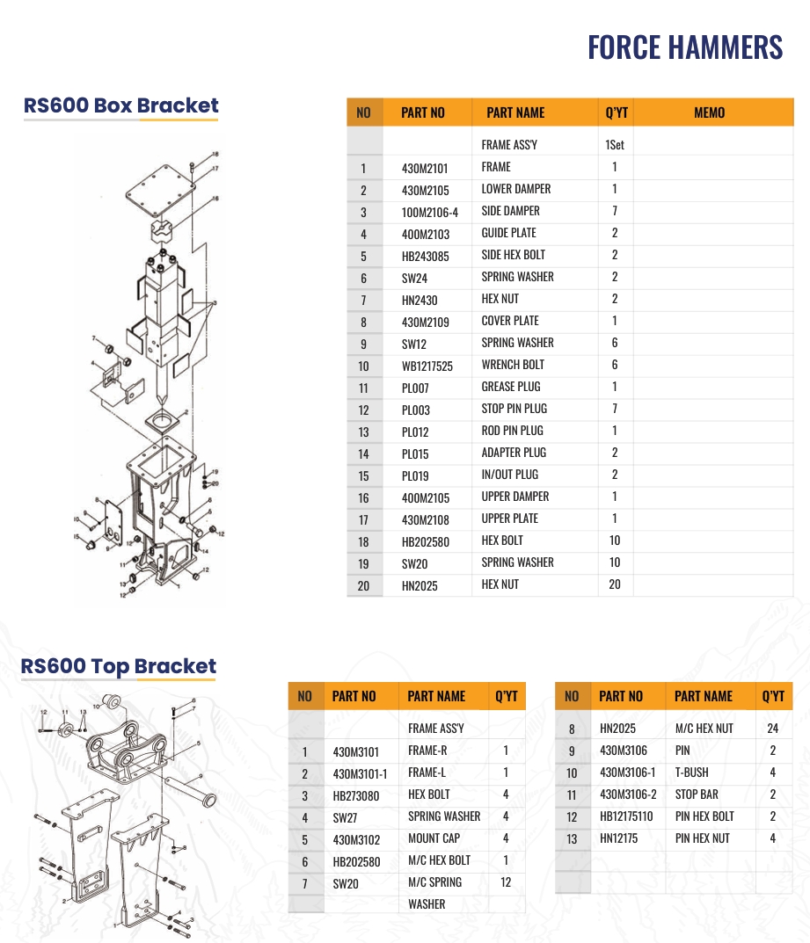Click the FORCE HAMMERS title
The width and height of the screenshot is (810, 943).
click(x=684, y=47)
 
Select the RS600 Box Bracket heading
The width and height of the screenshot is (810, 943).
click(x=121, y=106)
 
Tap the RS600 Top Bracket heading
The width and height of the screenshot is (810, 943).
click(x=119, y=666)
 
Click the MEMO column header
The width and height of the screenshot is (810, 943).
click(x=709, y=112)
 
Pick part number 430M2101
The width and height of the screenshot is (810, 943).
click(x=425, y=168)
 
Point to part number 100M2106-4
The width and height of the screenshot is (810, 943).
click(x=429, y=212)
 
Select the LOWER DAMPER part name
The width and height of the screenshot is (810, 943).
click(x=515, y=189)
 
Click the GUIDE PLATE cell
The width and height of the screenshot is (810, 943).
click(x=508, y=233)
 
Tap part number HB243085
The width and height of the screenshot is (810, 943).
click(x=425, y=256)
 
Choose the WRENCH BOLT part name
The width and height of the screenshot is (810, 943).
click(x=513, y=365)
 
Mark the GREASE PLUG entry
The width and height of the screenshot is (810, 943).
click(x=511, y=387)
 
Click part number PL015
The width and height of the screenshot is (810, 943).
click(x=415, y=453)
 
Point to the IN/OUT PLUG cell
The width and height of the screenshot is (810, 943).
click(x=509, y=475)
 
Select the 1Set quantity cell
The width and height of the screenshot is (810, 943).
click(x=615, y=145)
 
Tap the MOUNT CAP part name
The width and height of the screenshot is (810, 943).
click(x=434, y=838)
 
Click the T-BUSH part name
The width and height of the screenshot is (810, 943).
click(x=691, y=773)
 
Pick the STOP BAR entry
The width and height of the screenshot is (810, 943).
click(x=696, y=794)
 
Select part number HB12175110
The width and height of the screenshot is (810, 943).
click(x=626, y=816)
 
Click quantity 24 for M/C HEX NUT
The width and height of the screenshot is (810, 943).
click(x=773, y=729)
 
